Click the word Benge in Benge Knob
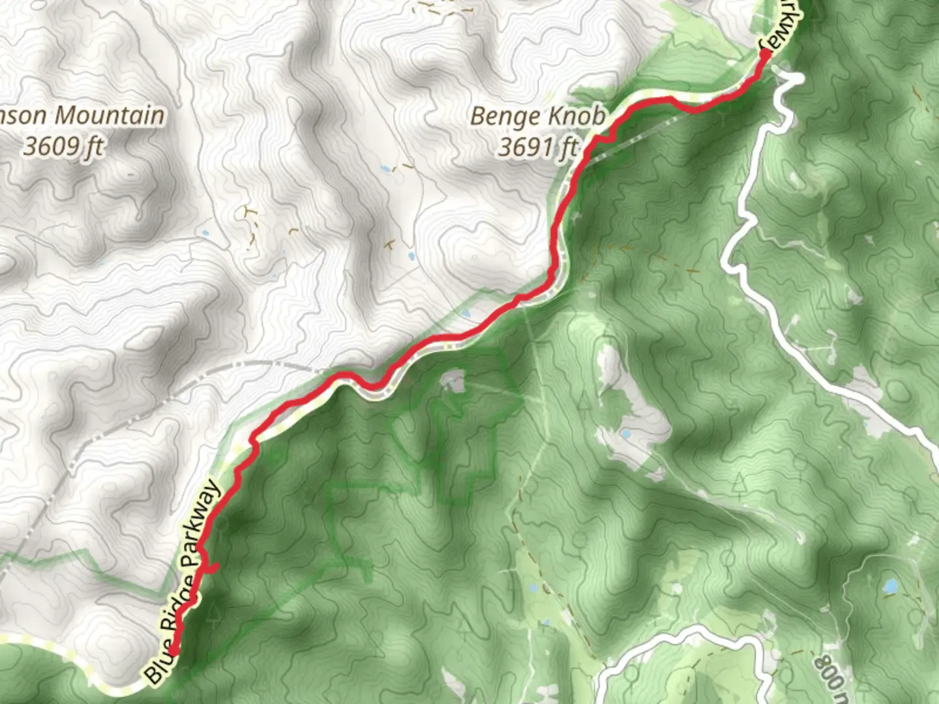(x=499, y=117)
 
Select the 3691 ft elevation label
(x=539, y=147)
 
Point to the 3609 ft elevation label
(x=63, y=147)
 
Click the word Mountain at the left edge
(x=109, y=116)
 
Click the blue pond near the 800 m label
(x=890, y=587)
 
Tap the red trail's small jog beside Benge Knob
(x=604, y=138)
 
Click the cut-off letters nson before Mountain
(x=23, y=116)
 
